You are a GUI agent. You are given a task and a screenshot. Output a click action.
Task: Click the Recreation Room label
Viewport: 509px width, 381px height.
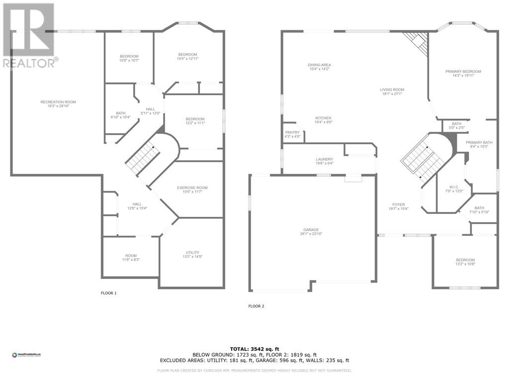pyautogui.click(x=58, y=104)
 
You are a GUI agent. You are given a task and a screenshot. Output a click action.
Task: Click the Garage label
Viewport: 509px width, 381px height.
pyautogui.click(x=311, y=232)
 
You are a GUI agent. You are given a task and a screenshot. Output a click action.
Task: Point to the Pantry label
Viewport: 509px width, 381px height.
pyautogui.click(x=292, y=134)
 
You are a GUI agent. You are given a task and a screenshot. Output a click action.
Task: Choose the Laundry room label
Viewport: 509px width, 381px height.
pyautogui.click(x=324, y=162)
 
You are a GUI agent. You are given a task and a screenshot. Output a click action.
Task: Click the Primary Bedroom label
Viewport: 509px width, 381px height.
pyautogui.click(x=463, y=73)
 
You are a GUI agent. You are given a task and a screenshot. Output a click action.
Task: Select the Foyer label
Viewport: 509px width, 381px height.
pyautogui.click(x=398, y=206)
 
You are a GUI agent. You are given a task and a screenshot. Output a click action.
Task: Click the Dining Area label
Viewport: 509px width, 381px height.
pyautogui.click(x=320, y=67)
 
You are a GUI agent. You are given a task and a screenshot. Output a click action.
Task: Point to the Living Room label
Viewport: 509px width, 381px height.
pyautogui.click(x=393, y=92)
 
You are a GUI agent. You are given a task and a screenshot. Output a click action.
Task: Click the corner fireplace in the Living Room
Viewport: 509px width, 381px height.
pyautogui.click(x=418, y=42)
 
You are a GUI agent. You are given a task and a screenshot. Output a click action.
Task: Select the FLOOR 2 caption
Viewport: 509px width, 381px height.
pyautogui.click(x=256, y=306)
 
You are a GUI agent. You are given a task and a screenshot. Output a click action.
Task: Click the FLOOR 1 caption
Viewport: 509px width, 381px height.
pyautogui.click(x=108, y=293)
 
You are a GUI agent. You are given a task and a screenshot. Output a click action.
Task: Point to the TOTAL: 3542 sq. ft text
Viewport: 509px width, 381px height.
pyautogui.click(x=254, y=349)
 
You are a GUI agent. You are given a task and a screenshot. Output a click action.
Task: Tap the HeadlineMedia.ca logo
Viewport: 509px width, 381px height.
pyautogui.click(x=26, y=355)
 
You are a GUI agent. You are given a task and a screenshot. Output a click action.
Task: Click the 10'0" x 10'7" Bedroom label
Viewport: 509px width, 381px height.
pyautogui.click(x=129, y=58)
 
